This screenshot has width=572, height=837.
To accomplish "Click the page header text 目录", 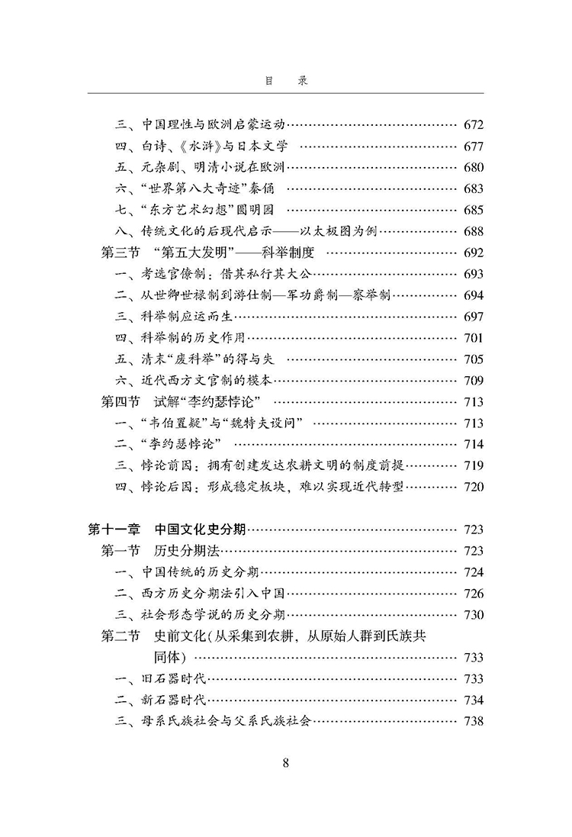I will tap(285, 80).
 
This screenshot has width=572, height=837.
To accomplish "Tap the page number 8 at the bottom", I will tap(285, 762).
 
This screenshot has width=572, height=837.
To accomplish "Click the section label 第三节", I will tap(121, 252).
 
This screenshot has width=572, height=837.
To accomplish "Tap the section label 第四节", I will tap(121, 401).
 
